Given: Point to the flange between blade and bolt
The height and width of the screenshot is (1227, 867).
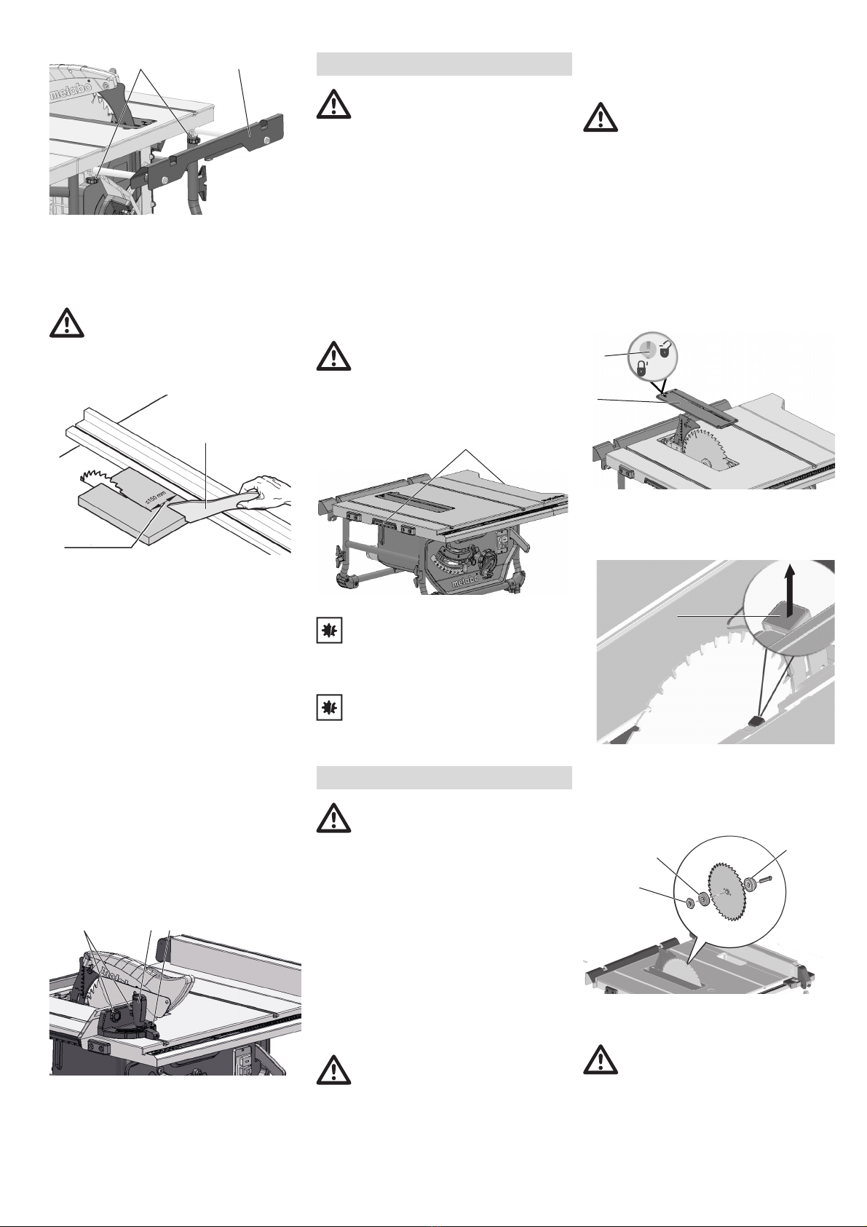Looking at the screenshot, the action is [749, 884].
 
